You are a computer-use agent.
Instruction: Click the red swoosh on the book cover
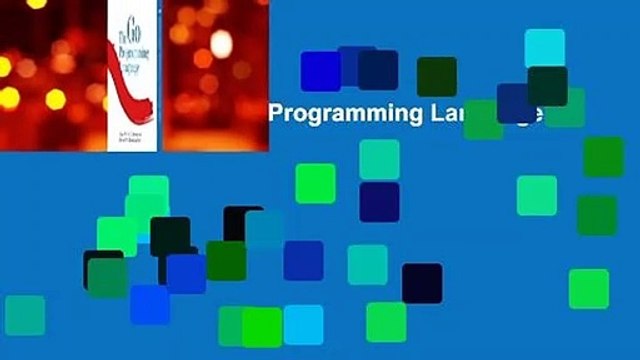[128, 85]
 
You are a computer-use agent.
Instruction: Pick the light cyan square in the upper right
[544, 48]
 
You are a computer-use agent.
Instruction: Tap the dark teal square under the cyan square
[547, 86]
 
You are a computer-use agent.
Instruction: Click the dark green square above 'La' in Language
[436, 76]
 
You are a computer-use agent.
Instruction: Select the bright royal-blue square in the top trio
[320, 70]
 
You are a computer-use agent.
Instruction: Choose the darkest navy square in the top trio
[378, 70]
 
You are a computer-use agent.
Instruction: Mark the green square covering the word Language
[483, 118]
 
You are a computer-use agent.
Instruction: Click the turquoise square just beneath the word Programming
[379, 158]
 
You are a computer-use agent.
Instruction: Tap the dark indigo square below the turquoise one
[379, 201]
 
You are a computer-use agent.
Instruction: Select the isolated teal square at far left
[25, 314]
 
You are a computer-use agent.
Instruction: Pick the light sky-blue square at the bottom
[303, 324]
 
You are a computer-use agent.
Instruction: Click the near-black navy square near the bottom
[422, 283]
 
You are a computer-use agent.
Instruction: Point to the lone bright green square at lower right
[588, 289]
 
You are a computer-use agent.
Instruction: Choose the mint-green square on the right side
[537, 195]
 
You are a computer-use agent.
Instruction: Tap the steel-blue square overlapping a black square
[264, 228]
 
